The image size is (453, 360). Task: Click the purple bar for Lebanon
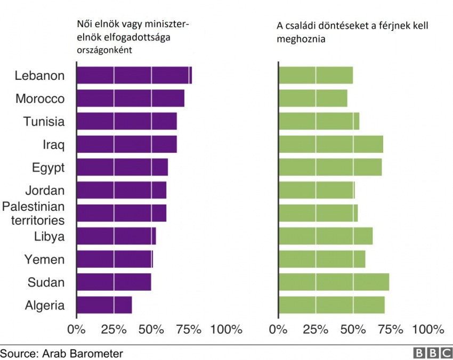tap(133, 76)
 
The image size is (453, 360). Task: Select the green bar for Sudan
tap(333, 282)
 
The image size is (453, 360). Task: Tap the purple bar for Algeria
tap(104, 305)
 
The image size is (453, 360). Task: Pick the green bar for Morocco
tap(313, 99)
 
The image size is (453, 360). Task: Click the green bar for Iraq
tap(330, 144)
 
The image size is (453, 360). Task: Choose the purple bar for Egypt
tap(122, 167)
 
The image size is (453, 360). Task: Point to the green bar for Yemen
tap(322, 259)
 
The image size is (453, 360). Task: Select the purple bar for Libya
tap(116, 236)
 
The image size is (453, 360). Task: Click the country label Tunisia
tap(44, 121)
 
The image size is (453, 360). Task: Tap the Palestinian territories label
tap(34, 213)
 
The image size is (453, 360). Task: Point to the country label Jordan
tap(45, 191)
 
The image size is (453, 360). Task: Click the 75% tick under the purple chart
tap(189, 329)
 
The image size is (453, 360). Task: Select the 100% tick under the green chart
tap(428, 329)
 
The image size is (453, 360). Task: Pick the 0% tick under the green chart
tap(278, 329)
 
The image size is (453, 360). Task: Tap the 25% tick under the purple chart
tap(114, 329)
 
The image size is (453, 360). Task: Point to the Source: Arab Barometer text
tap(61, 353)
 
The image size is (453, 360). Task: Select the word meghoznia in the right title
tap(301, 39)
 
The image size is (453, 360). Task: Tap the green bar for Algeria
tap(331, 305)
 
